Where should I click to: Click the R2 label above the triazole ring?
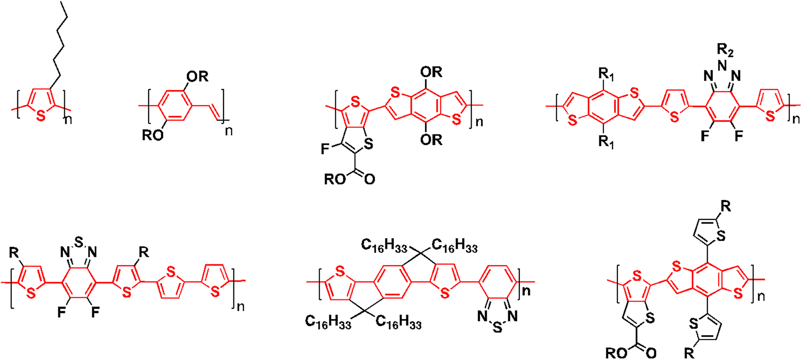(725, 51)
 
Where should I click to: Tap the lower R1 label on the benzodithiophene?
(606, 142)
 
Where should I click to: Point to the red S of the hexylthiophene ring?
(41, 116)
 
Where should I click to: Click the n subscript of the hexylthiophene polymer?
(68, 120)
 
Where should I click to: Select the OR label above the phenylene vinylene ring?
(197, 76)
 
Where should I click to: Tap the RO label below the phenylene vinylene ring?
(153, 135)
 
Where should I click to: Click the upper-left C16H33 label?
(384, 246)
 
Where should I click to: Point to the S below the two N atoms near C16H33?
(497, 327)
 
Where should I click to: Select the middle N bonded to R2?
(722, 65)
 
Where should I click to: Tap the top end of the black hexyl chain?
(61, 2)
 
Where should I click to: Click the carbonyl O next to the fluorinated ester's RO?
(370, 179)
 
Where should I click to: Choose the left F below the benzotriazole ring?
(705, 136)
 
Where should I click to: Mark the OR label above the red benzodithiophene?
(431, 72)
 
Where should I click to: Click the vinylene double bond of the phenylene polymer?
(214, 112)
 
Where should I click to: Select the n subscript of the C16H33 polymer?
(526, 290)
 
